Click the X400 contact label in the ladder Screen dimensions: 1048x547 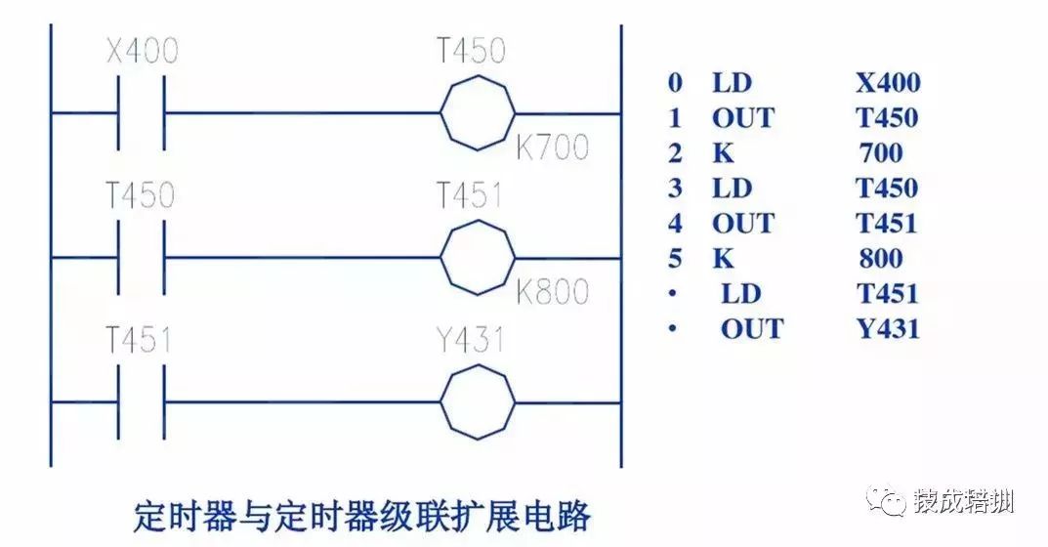coord(142,50)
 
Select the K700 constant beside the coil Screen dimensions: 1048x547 coord(552,147)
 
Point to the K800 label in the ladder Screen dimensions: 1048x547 coord(552,292)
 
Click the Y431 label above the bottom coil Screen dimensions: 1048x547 coord(471,341)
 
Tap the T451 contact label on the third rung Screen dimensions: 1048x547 coord(139,341)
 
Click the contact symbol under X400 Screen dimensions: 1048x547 coord(142,113)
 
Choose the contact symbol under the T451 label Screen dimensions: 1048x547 coord(142,402)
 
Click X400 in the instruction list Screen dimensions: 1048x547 coord(888,82)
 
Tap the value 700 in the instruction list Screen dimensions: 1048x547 coord(882,152)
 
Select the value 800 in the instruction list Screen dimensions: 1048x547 coord(882,258)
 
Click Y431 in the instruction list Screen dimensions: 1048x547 coord(888,328)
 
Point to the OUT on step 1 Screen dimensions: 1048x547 coord(742,117)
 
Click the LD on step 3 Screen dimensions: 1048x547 coord(733,188)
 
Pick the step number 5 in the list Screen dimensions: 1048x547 coord(674,258)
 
